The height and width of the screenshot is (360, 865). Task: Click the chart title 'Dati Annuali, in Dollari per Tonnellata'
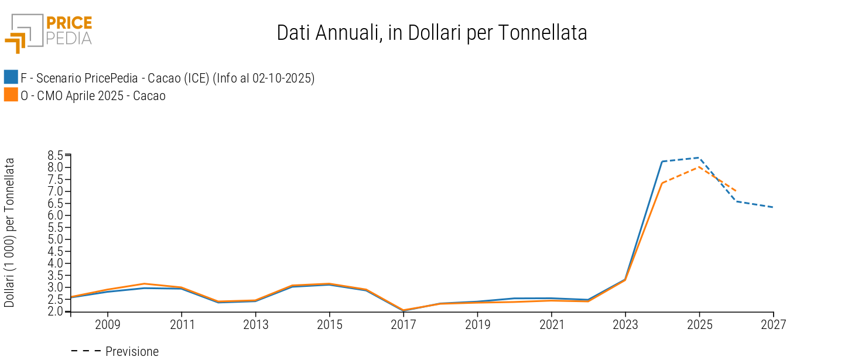(x=432, y=33)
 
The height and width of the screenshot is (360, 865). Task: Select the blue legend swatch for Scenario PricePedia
(x=11, y=77)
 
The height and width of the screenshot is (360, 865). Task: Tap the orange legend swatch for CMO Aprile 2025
(x=11, y=95)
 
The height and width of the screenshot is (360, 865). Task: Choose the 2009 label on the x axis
(x=107, y=324)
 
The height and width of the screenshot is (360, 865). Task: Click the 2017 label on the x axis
(x=404, y=324)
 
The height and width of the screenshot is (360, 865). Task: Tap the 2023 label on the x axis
(x=625, y=324)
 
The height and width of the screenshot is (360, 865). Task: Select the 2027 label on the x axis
(x=774, y=324)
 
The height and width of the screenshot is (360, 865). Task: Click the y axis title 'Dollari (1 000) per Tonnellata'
(x=10, y=232)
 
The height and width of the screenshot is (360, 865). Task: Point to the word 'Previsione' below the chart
(x=132, y=352)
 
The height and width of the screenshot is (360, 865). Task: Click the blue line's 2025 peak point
(x=699, y=157)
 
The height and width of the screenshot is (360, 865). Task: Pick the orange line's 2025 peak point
(x=699, y=167)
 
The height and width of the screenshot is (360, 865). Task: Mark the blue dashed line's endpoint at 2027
(x=773, y=207)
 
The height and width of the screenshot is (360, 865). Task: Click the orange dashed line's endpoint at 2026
(x=736, y=191)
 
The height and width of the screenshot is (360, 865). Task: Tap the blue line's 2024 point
(x=662, y=162)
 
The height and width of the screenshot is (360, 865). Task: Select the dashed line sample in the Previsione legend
(x=86, y=351)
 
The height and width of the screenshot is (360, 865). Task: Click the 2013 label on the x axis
(x=255, y=324)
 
